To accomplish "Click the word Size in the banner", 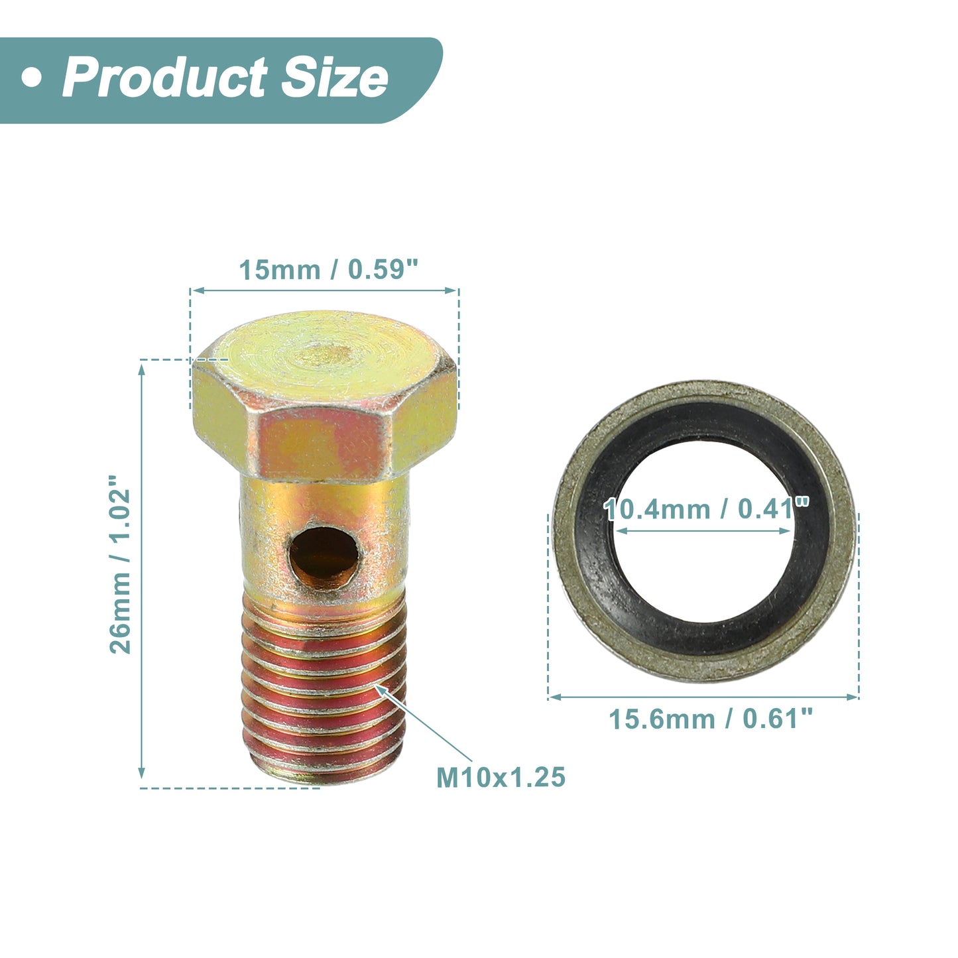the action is [335, 78].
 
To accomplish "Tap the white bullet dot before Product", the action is [32, 78].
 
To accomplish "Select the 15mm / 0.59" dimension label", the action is [329, 270].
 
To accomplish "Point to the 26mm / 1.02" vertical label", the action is [120, 564].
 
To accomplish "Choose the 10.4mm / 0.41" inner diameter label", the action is [707, 509].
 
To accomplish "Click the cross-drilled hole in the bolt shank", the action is [324, 558].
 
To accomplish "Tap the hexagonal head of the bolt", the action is [324, 396].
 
